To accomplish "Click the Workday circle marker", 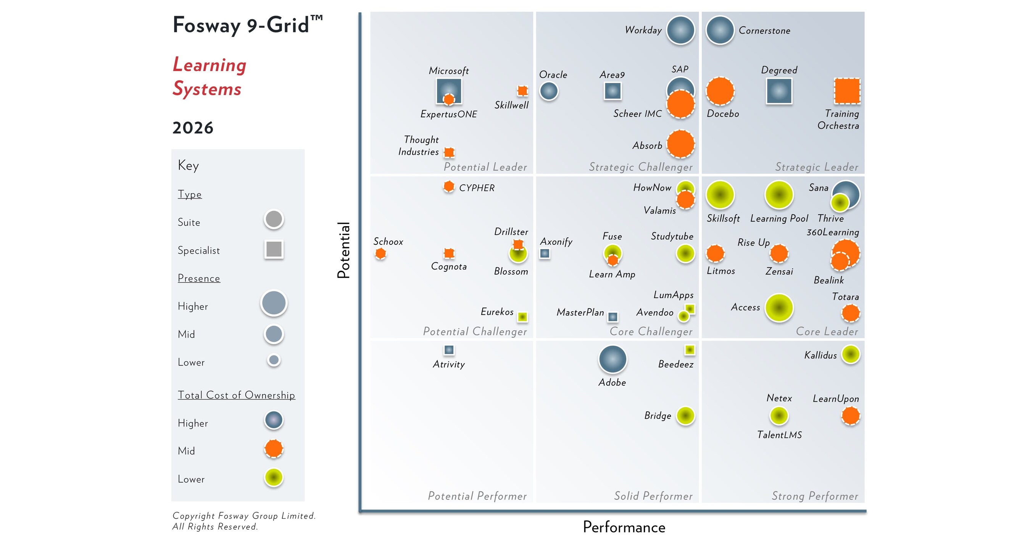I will tap(680, 30).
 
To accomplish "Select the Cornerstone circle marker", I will tap(720, 30).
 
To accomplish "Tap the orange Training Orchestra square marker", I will tap(847, 91).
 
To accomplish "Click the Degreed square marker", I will tap(779, 91).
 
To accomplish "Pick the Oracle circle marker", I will tap(549, 91).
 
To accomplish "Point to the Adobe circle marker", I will tap(612, 359).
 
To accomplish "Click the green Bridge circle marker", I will tap(685, 416).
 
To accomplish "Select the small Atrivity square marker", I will tap(449, 350).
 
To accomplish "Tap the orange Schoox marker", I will tap(380, 253).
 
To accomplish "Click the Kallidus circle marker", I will tap(851, 354).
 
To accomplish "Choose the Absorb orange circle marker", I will tap(680, 144).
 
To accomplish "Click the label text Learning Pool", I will tap(779, 218).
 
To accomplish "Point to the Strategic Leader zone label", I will tap(817, 167).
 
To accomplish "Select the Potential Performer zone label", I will tap(477, 496).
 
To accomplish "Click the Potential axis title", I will tap(343, 250).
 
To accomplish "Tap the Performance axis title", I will tap(624, 527).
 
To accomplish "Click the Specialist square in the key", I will tap(274, 249).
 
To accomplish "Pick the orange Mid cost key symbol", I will tap(274, 448).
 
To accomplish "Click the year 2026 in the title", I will tap(193, 128).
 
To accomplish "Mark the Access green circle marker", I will tap(779, 307).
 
